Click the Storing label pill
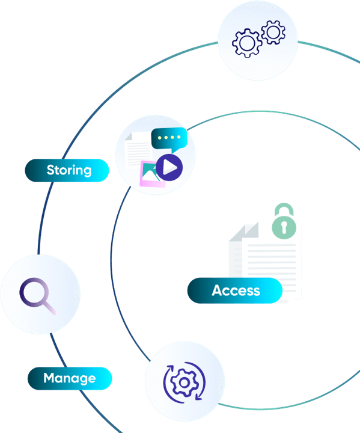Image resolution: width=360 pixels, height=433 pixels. point(67,170)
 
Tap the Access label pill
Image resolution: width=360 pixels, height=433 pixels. point(235,290)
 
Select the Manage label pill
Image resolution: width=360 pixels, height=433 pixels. point(70,378)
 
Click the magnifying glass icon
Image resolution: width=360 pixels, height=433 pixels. point(37,296)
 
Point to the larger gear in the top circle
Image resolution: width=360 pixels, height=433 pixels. point(247,43)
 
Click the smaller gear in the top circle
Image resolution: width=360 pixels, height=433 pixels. point(273,32)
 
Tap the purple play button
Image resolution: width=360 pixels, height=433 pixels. point(169,167)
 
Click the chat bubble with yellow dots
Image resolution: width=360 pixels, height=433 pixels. point(169,140)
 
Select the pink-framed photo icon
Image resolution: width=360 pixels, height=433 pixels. point(150,174)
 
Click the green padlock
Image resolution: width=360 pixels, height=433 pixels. point(284,221)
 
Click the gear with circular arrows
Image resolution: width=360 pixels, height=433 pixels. point(184,382)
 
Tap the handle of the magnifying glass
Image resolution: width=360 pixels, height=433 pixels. point(50,308)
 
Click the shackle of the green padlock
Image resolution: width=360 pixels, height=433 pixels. point(284,209)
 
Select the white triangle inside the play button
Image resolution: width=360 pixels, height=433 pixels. point(169,167)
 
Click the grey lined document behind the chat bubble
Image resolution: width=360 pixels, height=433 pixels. point(139,150)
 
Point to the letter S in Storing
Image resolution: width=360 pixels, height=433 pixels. point(50,170)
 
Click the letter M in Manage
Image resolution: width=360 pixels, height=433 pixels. point(49,378)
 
